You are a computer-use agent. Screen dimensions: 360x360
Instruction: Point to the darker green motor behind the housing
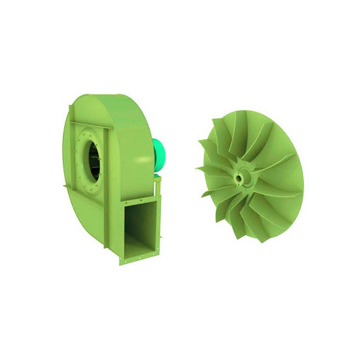pos(162,157)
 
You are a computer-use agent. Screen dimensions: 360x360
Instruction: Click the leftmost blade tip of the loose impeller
pos(198,169)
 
